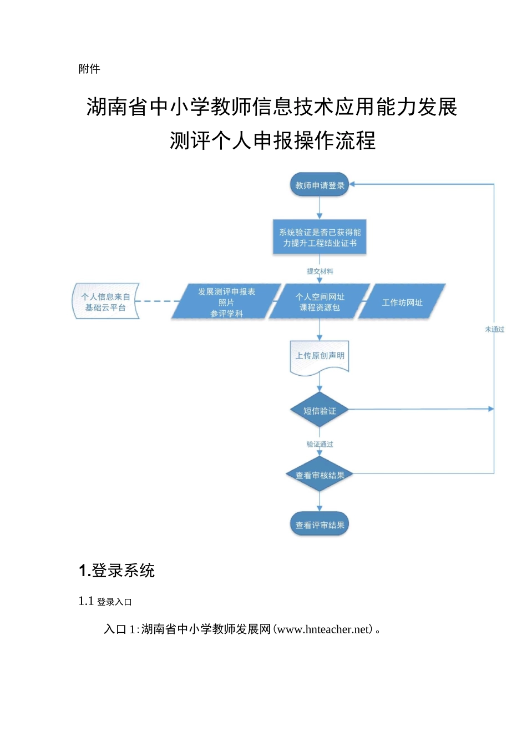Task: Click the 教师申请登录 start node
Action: pyautogui.click(x=320, y=185)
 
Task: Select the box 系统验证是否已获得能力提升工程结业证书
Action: pyautogui.click(x=320, y=238)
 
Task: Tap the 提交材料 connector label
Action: pyautogui.click(x=320, y=271)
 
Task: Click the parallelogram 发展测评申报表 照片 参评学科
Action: pyautogui.click(x=226, y=302)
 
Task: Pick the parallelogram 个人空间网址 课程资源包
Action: pyautogui.click(x=320, y=302)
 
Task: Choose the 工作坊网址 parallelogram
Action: pyautogui.click(x=402, y=302)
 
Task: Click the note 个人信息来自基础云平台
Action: pyautogui.click(x=106, y=302)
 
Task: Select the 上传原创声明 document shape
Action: pyautogui.click(x=320, y=356)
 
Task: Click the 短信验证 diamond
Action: pyautogui.click(x=320, y=411)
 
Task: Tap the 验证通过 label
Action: pyautogui.click(x=320, y=444)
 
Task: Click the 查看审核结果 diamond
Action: pyautogui.click(x=320, y=475)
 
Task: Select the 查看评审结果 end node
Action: pyautogui.click(x=320, y=525)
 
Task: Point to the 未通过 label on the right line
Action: pyautogui.click(x=494, y=329)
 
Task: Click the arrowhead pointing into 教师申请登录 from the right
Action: pyautogui.click(x=353, y=184)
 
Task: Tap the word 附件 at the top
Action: pyautogui.click(x=89, y=69)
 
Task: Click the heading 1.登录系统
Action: pyautogui.click(x=117, y=570)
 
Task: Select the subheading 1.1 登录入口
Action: pyautogui.click(x=105, y=601)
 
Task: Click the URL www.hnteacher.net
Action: pyautogui.click(x=323, y=629)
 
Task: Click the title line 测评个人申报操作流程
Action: pyautogui.click(x=272, y=141)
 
